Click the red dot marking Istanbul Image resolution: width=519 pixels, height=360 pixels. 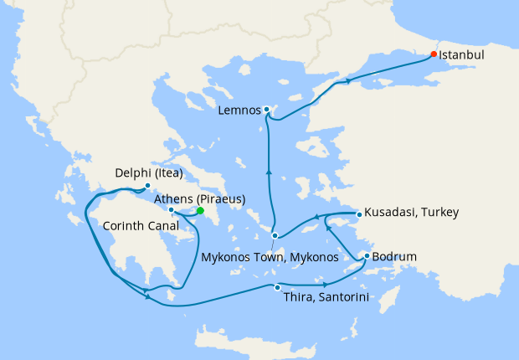coord(434,54)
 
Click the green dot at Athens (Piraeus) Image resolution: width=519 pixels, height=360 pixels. coord(200,211)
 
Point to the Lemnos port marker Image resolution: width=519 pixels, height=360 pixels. coord(266,110)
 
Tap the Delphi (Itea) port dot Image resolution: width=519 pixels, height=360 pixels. coord(147,186)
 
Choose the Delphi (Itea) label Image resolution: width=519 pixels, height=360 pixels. coord(148,174)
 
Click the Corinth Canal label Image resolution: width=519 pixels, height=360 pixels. coord(137,225)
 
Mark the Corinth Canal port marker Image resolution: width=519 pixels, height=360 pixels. coord(171,210)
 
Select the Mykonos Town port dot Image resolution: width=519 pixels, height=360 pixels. coord(275,236)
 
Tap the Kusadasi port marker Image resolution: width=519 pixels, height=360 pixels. coord(358,214)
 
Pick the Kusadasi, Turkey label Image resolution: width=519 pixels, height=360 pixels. coord(411,213)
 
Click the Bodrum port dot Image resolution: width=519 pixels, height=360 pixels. coord(367,256)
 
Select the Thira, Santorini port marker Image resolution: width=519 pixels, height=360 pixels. coord(277,287)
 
